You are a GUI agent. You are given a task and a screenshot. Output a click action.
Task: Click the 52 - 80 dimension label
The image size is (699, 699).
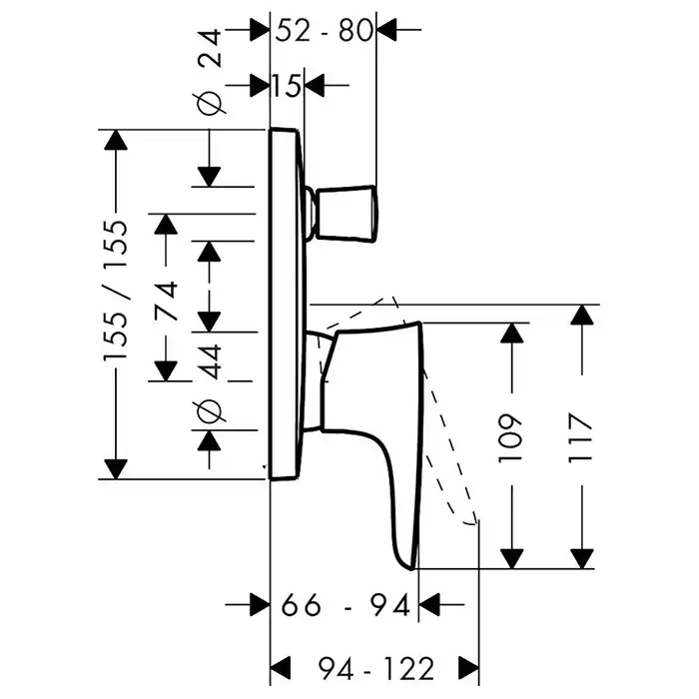click(324, 30)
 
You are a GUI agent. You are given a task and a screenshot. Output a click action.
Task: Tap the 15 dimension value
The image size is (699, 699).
click(287, 85)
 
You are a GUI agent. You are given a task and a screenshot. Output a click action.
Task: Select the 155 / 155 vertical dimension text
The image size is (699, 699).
click(118, 292)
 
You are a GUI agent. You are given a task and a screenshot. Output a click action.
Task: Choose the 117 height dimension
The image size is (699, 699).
click(583, 435)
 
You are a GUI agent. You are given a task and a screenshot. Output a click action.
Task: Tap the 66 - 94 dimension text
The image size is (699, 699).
click(346, 605)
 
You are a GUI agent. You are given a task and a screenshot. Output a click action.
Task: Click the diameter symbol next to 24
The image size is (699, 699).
click(209, 102)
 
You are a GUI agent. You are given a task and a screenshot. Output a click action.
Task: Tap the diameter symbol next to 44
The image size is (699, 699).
click(209, 409)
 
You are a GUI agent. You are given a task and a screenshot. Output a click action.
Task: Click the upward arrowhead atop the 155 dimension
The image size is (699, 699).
click(118, 141)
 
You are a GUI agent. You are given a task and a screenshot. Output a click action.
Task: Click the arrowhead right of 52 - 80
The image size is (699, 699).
click(386, 30)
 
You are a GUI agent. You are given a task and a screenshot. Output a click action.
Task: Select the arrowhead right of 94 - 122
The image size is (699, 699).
click(466, 665)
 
